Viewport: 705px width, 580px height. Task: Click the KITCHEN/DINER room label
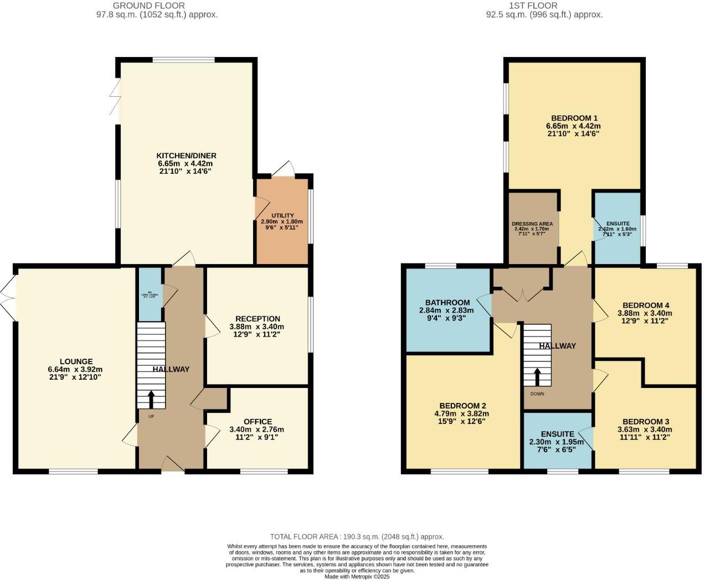[186, 156]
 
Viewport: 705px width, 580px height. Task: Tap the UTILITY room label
[282, 215]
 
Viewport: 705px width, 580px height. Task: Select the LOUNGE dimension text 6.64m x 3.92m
[75, 370]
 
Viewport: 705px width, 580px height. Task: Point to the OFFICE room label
[258, 422]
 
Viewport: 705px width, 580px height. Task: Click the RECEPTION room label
[258, 319]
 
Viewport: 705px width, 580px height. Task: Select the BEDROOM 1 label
[574, 118]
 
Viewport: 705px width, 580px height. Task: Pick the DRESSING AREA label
[532, 224]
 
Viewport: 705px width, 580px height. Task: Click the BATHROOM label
[447, 303]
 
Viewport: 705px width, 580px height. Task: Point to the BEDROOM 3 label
[645, 422]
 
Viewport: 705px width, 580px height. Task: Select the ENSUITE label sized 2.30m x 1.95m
[557, 434]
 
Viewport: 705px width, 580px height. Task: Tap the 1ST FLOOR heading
[544, 6]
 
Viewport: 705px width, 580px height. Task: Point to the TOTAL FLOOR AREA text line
[357, 536]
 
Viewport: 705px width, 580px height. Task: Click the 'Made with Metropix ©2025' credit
[357, 576]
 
